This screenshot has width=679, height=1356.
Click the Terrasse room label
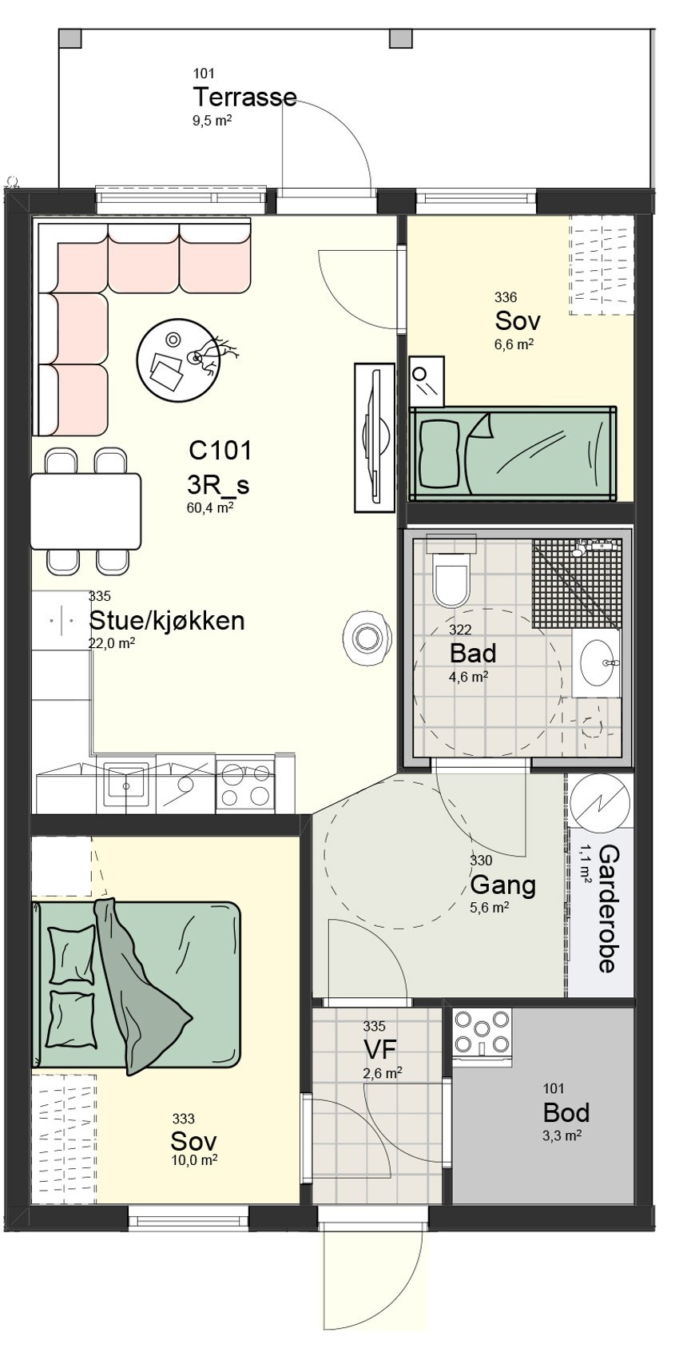(244, 97)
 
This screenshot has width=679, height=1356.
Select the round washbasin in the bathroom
(596, 662)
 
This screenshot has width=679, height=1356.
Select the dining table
(85, 511)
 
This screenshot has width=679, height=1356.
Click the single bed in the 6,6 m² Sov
(513, 454)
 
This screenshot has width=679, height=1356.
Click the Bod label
(566, 1112)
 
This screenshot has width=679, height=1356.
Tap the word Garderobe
(608, 908)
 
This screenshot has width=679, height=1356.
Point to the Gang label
(502, 885)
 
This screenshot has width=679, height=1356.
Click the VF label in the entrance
(380, 1048)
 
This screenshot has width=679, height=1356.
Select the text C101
(220, 450)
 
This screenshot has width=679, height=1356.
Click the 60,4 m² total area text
(209, 506)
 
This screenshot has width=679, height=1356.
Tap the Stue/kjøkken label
(166, 620)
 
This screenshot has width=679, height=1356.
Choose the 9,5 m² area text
(212, 121)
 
